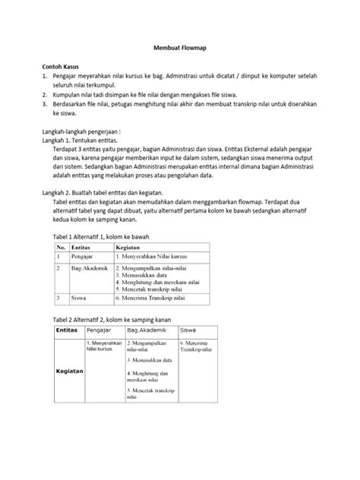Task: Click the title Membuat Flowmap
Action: (181, 48)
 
